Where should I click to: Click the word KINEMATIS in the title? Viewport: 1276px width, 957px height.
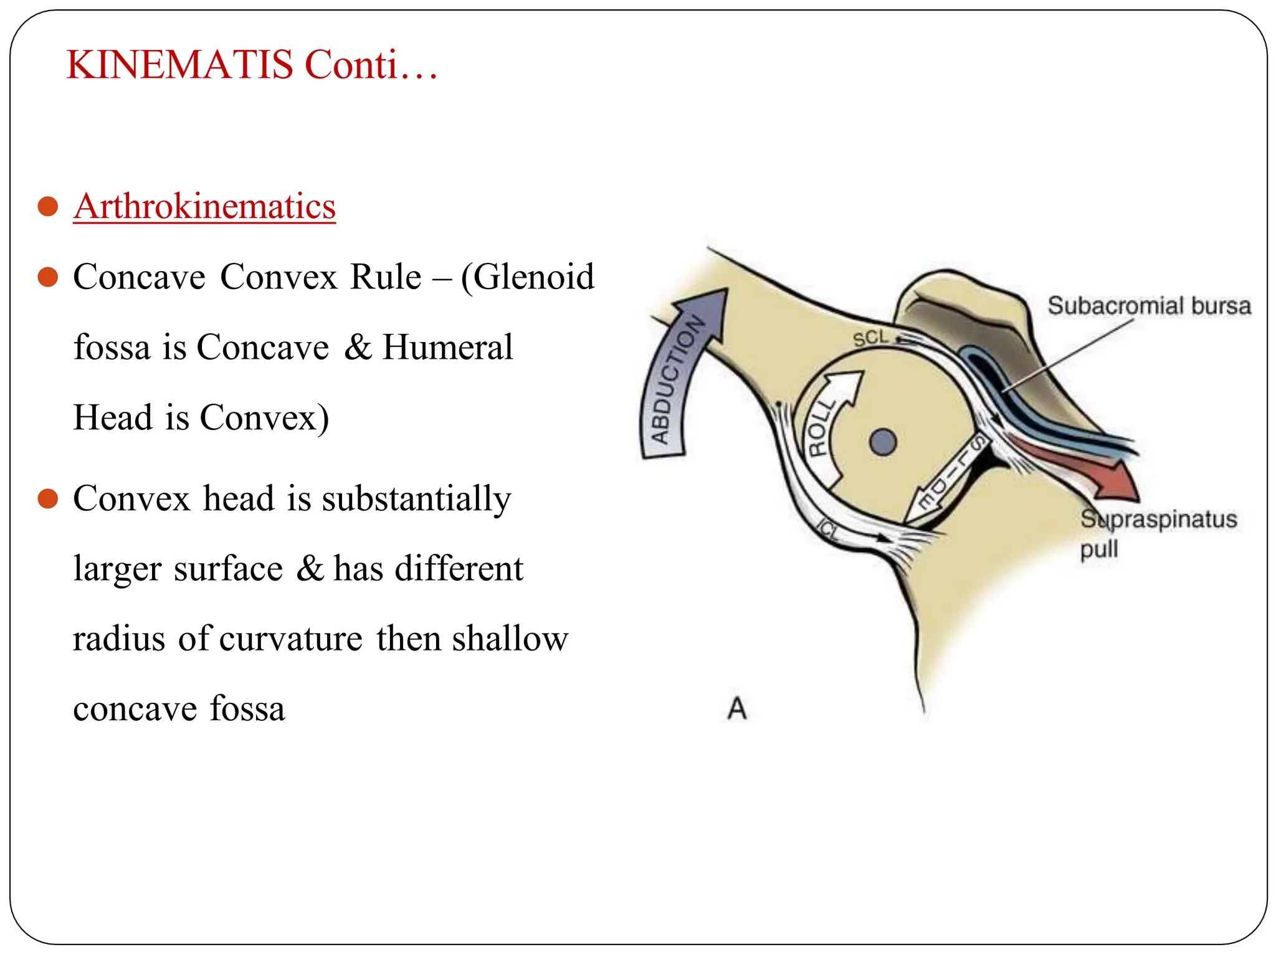pyautogui.click(x=179, y=65)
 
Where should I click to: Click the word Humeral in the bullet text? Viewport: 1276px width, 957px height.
pyautogui.click(x=447, y=347)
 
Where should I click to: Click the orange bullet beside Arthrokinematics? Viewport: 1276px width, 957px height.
pyautogui.click(x=48, y=206)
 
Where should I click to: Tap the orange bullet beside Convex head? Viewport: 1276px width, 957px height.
pyautogui.click(x=48, y=498)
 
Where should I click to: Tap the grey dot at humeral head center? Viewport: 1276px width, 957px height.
pyautogui.click(x=882, y=442)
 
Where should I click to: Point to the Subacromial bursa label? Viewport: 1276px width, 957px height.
pyautogui.click(x=1149, y=306)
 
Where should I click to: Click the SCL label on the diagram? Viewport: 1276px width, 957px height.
pyautogui.click(x=870, y=338)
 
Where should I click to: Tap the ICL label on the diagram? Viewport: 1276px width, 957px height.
pyautogui.click(x=829, y=530)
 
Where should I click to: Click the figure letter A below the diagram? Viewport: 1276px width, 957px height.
pyautogui.click(x=737, y=708)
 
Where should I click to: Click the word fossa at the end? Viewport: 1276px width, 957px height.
pyautogui.click(x=247, y=709)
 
